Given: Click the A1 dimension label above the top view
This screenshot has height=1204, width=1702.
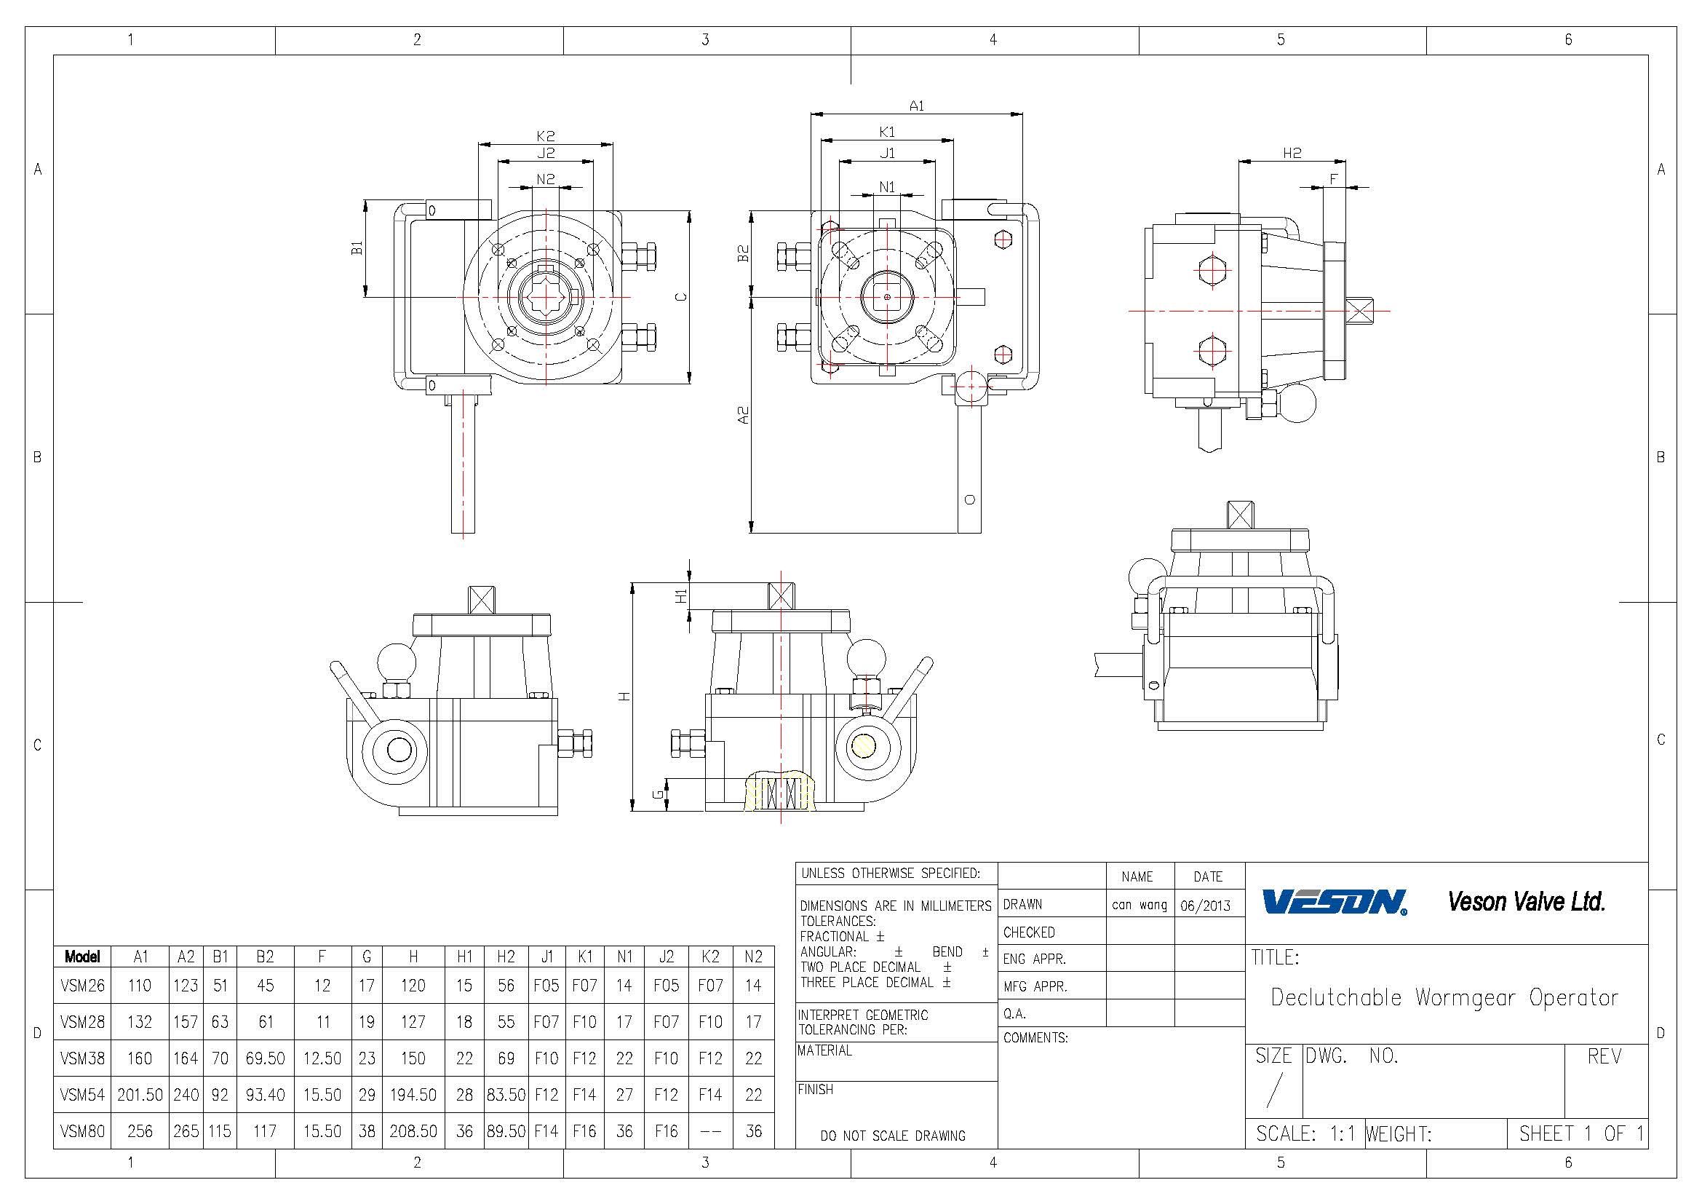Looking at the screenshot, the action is (917, 106).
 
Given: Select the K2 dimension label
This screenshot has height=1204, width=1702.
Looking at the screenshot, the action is (546, 135).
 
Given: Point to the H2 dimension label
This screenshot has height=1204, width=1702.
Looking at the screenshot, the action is (1292, 153).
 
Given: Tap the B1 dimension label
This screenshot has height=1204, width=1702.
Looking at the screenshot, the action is (357, 247).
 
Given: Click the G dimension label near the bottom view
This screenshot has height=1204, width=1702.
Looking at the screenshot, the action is (657, 795).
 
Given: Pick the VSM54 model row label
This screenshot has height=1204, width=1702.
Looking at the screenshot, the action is (82, 1094).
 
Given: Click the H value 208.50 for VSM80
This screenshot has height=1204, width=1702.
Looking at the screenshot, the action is (413, 1131).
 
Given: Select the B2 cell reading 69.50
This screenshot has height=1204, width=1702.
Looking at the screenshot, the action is (266, 1058).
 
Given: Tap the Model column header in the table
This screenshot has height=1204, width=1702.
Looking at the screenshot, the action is (82, 957).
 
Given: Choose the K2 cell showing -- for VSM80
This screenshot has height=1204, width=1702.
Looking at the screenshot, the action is (710, 1131).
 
